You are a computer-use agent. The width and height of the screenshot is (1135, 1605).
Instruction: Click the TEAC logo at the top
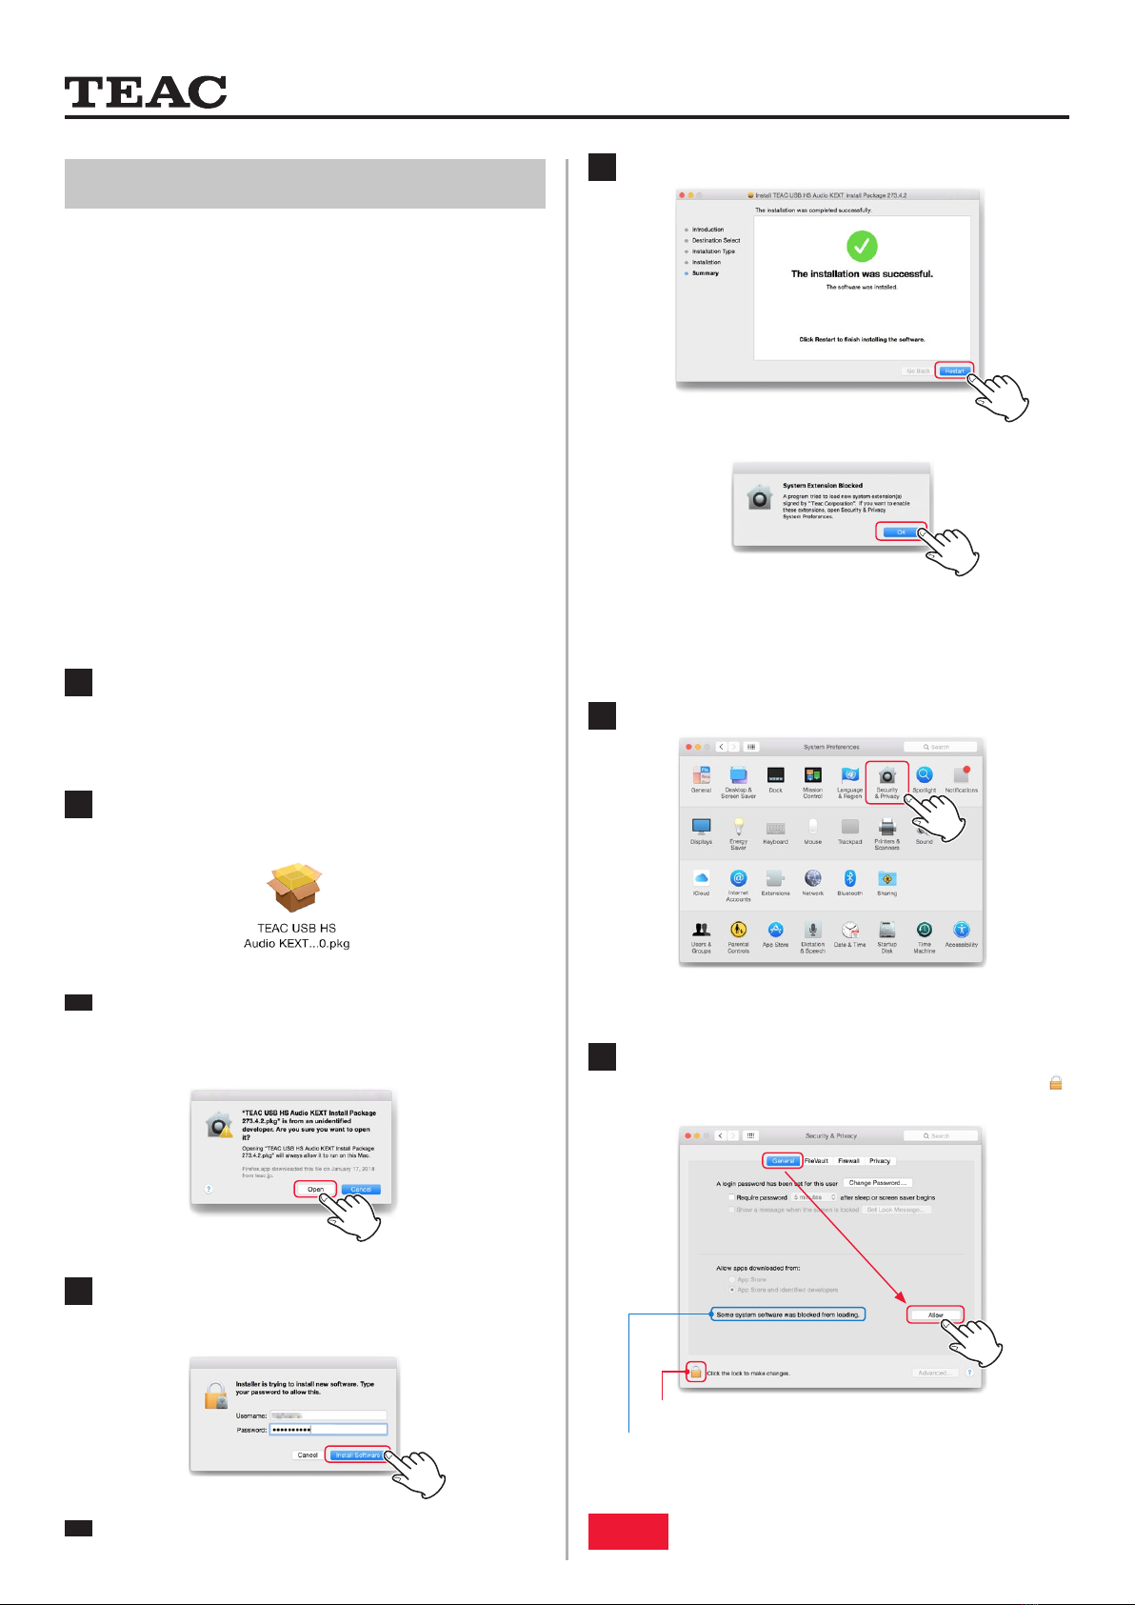[x=146, y=92]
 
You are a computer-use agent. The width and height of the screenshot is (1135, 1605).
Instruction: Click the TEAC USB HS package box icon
[x=295, y=888]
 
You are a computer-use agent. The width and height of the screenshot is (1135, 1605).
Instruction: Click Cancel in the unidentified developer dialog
[x=361, y=1189]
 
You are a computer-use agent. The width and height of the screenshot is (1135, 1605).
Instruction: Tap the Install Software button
[x=358, y=1455]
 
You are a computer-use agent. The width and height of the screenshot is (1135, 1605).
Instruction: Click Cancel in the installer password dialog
[x=308, y=1455]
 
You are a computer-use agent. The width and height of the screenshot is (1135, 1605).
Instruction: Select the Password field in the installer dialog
[x=328, y=1430]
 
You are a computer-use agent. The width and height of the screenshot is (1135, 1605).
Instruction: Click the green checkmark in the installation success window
[x=862, y=247]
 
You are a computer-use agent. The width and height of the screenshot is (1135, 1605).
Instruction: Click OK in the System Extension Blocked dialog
[x=900, y=532]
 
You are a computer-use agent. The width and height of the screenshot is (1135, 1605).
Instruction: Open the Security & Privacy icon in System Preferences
[x=887, y=780]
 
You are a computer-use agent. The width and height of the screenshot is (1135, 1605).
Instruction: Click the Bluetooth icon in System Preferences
[x=849, y=879]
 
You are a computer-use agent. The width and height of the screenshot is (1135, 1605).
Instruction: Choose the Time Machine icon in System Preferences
[x=924, y=932]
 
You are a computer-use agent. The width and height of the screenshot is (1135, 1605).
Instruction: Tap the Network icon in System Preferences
[x=812, y=879]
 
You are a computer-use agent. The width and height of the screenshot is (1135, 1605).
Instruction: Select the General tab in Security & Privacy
[x=783, y=1161]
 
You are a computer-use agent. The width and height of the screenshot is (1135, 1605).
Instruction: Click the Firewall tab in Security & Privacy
[x=848, y=1161]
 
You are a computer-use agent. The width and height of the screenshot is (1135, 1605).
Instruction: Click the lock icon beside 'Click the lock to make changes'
[x=696, y=1373]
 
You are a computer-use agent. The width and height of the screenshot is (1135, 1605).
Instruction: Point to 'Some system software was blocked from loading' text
[x=787, y=1314]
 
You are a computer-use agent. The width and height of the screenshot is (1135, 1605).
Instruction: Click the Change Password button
[x=877, y=1183]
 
